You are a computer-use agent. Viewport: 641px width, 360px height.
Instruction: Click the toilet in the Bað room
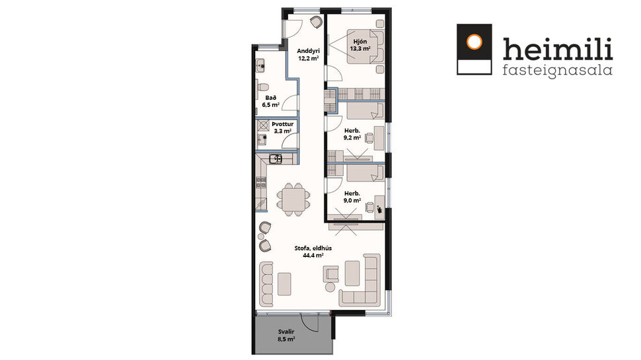262,87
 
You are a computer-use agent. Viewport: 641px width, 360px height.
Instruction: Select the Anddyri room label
308,51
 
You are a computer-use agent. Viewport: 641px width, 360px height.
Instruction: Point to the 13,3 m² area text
359,48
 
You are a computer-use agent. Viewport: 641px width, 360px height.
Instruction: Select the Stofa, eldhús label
313,248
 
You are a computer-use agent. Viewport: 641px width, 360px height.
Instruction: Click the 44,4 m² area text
313,256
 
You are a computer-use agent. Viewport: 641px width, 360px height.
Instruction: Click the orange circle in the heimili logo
474,42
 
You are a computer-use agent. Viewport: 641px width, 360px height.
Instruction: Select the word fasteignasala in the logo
557,69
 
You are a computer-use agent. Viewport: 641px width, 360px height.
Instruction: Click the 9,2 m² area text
352,139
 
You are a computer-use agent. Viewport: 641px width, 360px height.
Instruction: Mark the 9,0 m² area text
352,201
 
